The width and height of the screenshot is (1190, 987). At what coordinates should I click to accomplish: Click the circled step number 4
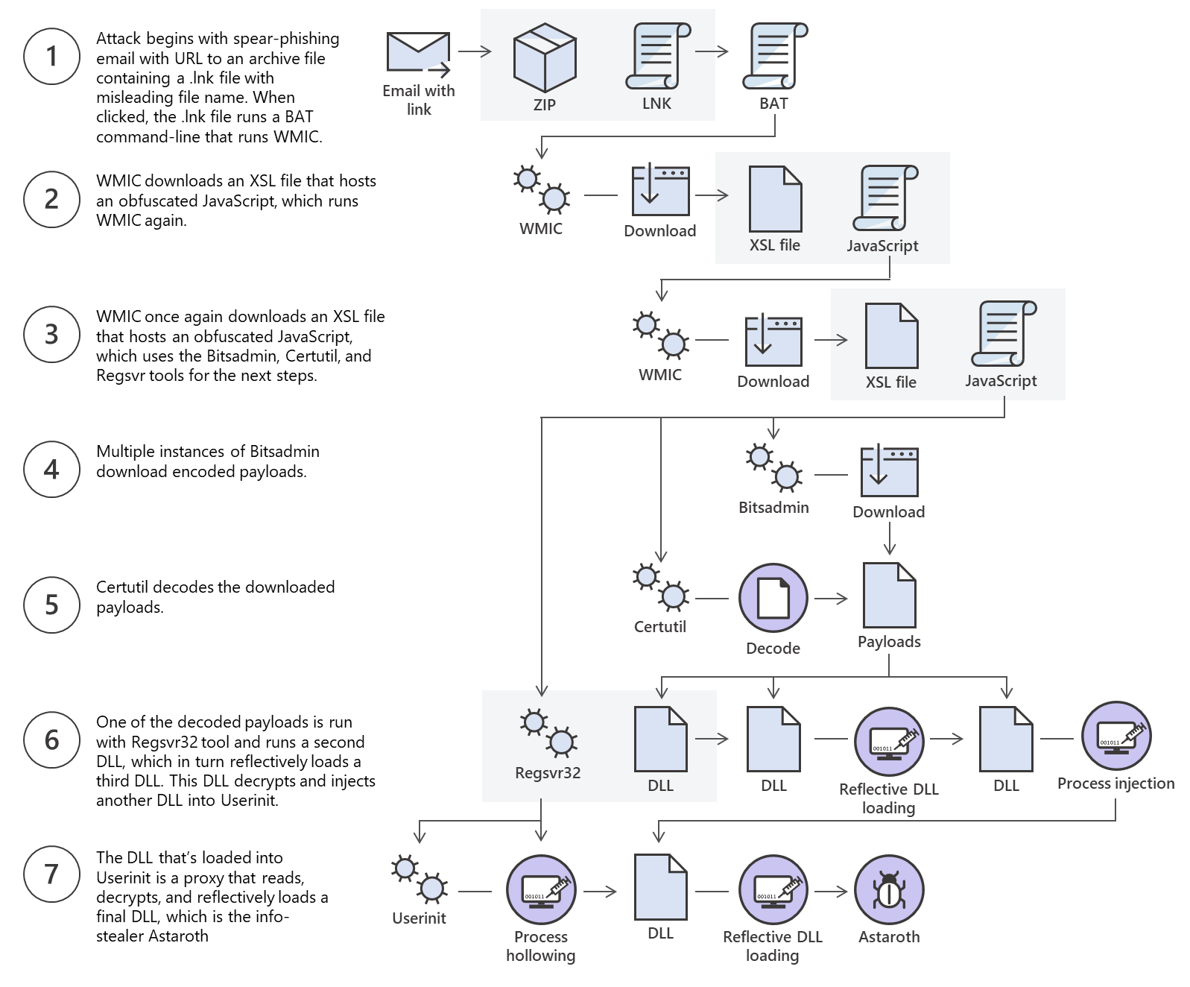(51, 469)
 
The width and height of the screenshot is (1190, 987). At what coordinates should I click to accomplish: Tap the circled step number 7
(51, 874)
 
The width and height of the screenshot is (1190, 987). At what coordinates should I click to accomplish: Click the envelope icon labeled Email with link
(419, 54)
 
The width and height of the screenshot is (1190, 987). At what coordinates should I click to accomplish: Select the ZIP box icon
(545, 57)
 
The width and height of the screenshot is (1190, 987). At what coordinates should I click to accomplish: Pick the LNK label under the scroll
(656, 104)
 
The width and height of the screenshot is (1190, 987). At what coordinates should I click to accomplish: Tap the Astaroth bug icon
(888, 889)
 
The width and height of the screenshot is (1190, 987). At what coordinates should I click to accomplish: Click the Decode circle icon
(773, 598)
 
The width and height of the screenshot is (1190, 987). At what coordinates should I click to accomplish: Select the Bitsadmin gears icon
(773, 467)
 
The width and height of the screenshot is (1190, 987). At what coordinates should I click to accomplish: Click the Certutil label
(659, 626)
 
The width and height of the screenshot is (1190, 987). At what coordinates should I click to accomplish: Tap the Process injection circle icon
(1115, 737)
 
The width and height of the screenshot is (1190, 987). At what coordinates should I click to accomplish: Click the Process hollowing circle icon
(541, 889)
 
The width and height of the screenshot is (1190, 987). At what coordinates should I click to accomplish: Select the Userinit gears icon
(419, 879)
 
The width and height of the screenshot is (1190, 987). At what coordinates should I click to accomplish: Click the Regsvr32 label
(548, 772)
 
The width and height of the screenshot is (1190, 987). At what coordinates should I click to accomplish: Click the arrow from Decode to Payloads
(831, 598)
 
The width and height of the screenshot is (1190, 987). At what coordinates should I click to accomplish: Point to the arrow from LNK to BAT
(712, 51)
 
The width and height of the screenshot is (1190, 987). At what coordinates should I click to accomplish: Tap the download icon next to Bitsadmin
(888, 471)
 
